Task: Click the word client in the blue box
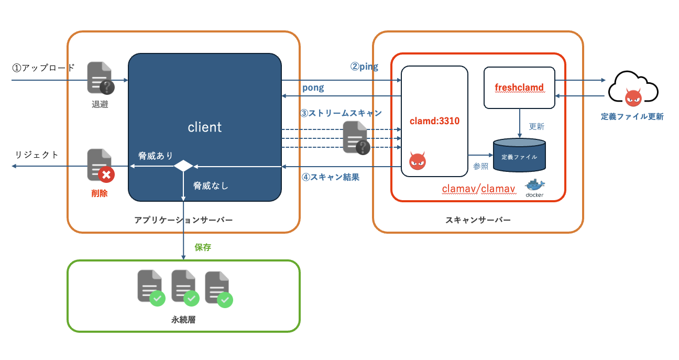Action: click(x=204, y=127)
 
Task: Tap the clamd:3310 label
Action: click(x=434, y=121)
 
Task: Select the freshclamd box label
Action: click(x=519, y=88)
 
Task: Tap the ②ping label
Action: click(x=364, y=67)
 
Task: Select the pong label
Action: click(x=313, y=88)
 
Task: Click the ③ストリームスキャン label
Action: click(x=341, y=113)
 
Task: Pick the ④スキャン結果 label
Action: click(x=331, y=177)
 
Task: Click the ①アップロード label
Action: click(x=43, y=68)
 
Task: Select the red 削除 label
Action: click(x=100, y=193)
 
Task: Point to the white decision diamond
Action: click(x=183, y=166)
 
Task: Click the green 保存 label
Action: click(x=203, y=247)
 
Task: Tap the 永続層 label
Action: click(x=183, y=319)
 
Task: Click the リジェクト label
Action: click(x=37, y=155)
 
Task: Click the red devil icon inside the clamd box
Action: click(x=417, y=161)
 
